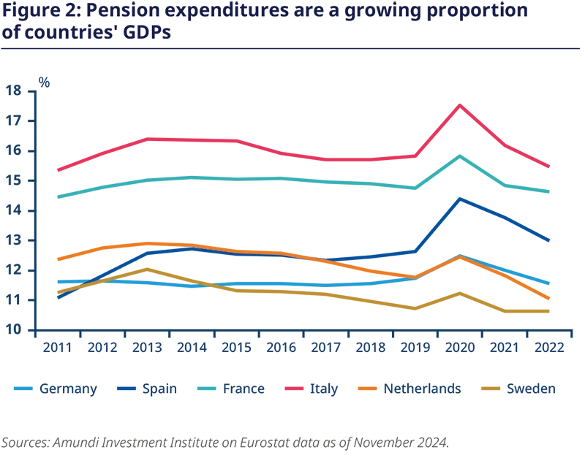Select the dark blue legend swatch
coord(125,388)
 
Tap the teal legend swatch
coord(208,388)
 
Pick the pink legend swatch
coord(295,388)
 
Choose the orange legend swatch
coord(369,388)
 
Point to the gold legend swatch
coord(491,388)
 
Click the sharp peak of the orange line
coord(459,256)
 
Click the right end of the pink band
coord(581,135)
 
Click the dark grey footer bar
coord(292,442)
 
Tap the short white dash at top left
coord(8,20)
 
